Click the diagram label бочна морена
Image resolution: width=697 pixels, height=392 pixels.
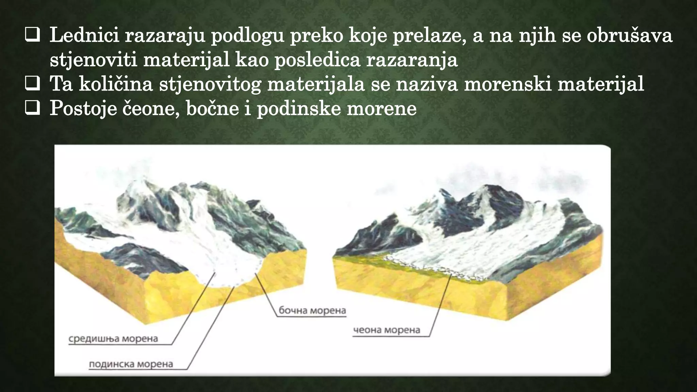(x=312, y=310)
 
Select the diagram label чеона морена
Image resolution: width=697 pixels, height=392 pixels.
(x=387, y=330)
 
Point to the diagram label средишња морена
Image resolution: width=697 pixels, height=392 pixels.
(x=113, y=339)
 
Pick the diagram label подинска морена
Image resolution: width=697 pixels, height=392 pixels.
(x=131, y=364)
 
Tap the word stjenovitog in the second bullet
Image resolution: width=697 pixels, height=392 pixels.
(x=210, y=84)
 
